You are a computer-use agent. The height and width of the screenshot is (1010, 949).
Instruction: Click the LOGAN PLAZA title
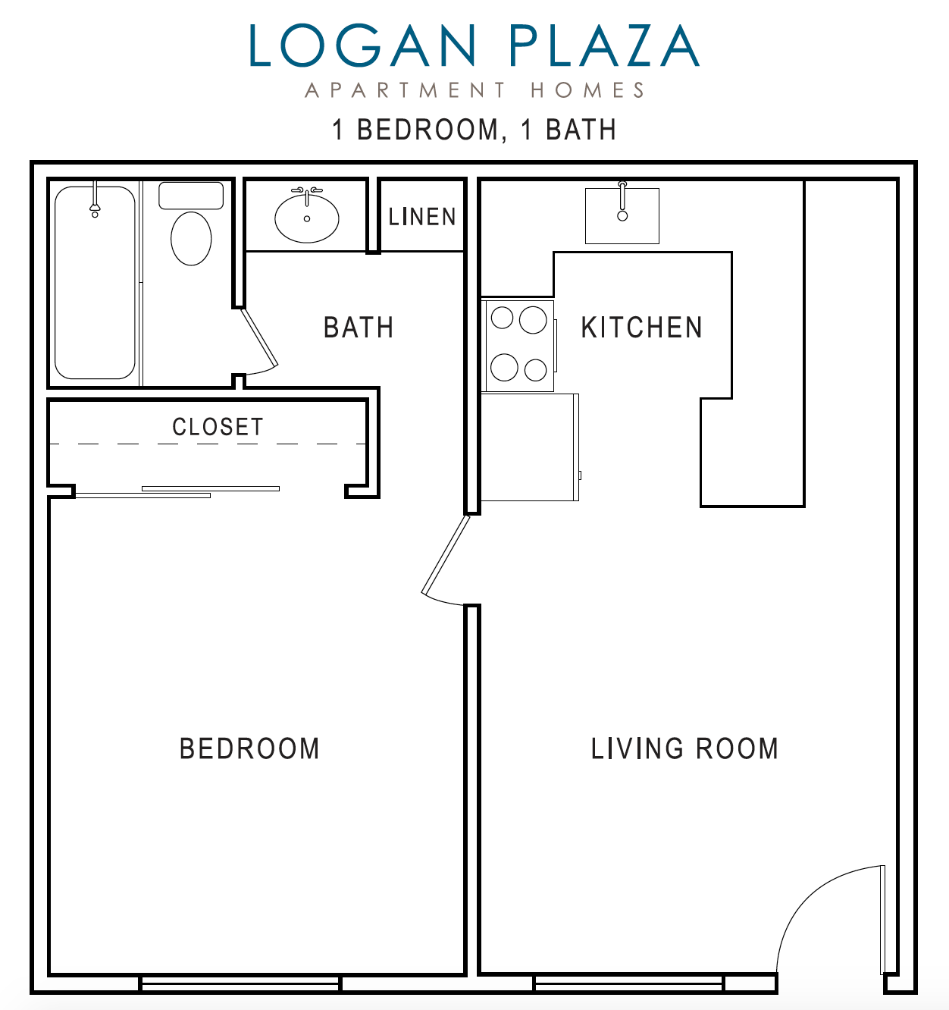[x=474, y=46]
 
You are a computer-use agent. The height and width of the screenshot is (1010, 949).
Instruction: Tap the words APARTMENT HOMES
[x=475, y=91]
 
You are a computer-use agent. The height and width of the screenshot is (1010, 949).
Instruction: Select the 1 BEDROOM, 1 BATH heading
[x=475, y=130]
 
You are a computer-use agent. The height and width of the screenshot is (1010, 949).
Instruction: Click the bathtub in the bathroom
[x=95, y=284]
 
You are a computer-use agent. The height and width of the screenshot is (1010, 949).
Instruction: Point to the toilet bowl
[x=191, y=237]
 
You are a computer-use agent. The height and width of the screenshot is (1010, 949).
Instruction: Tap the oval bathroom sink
[x=307, y=218]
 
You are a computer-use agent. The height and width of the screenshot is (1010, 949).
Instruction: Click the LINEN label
[x=422, y=218]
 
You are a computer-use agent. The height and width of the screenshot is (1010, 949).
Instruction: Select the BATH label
[x=359, y=328]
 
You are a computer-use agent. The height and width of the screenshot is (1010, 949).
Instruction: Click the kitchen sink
[x=622, y=216]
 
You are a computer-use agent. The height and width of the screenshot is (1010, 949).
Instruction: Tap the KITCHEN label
[x=642, y=328]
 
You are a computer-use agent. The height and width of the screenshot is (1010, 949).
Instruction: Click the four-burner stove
[x=519, y=346]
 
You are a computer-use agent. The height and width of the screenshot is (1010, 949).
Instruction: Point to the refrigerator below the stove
[x=530, y=447]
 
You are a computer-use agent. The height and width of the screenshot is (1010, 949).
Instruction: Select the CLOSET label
[x=218, y=428]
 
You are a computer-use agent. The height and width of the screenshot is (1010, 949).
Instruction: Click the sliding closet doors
[x=177, y=492]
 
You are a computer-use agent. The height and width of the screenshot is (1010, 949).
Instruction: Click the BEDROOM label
[x=249, y=749]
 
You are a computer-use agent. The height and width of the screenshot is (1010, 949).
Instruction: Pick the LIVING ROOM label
[x=684, y=749]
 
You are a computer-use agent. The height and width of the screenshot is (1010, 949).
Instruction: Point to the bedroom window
[x=240, y=983]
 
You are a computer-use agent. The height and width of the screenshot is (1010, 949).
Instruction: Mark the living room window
[x=628, y=983]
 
